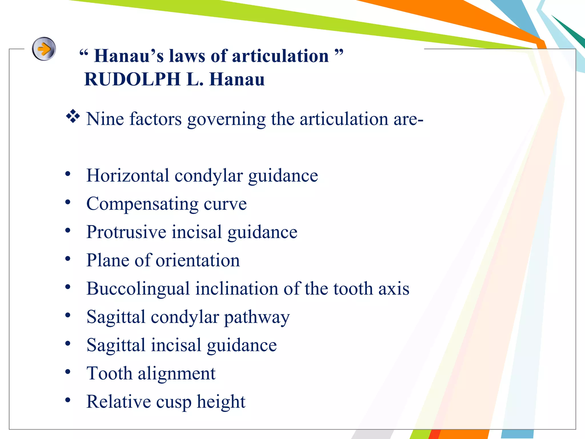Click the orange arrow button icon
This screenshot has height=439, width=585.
[x=44, y=49]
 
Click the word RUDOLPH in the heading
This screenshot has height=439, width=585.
[x=133, y=79]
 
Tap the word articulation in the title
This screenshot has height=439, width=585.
[x=280, y=56]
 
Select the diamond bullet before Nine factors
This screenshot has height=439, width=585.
[x=73, y=116]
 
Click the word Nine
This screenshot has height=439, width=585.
[x=105, y=119]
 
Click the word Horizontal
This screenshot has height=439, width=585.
[x=128, y=175]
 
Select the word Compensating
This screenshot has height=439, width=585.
[x=142, y=204]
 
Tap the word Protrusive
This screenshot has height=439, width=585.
[x=126, y=232]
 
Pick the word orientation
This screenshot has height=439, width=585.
[x=198, y=260]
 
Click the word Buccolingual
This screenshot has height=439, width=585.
[x=138, y=288]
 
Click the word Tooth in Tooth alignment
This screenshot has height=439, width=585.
[x=109, y=373]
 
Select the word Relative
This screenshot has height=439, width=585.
[x=119, y=402]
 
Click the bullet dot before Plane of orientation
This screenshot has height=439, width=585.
[x=68, y=259]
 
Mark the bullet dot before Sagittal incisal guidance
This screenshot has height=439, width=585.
[x=68, y=344]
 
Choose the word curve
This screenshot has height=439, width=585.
[x=225, y=204]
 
